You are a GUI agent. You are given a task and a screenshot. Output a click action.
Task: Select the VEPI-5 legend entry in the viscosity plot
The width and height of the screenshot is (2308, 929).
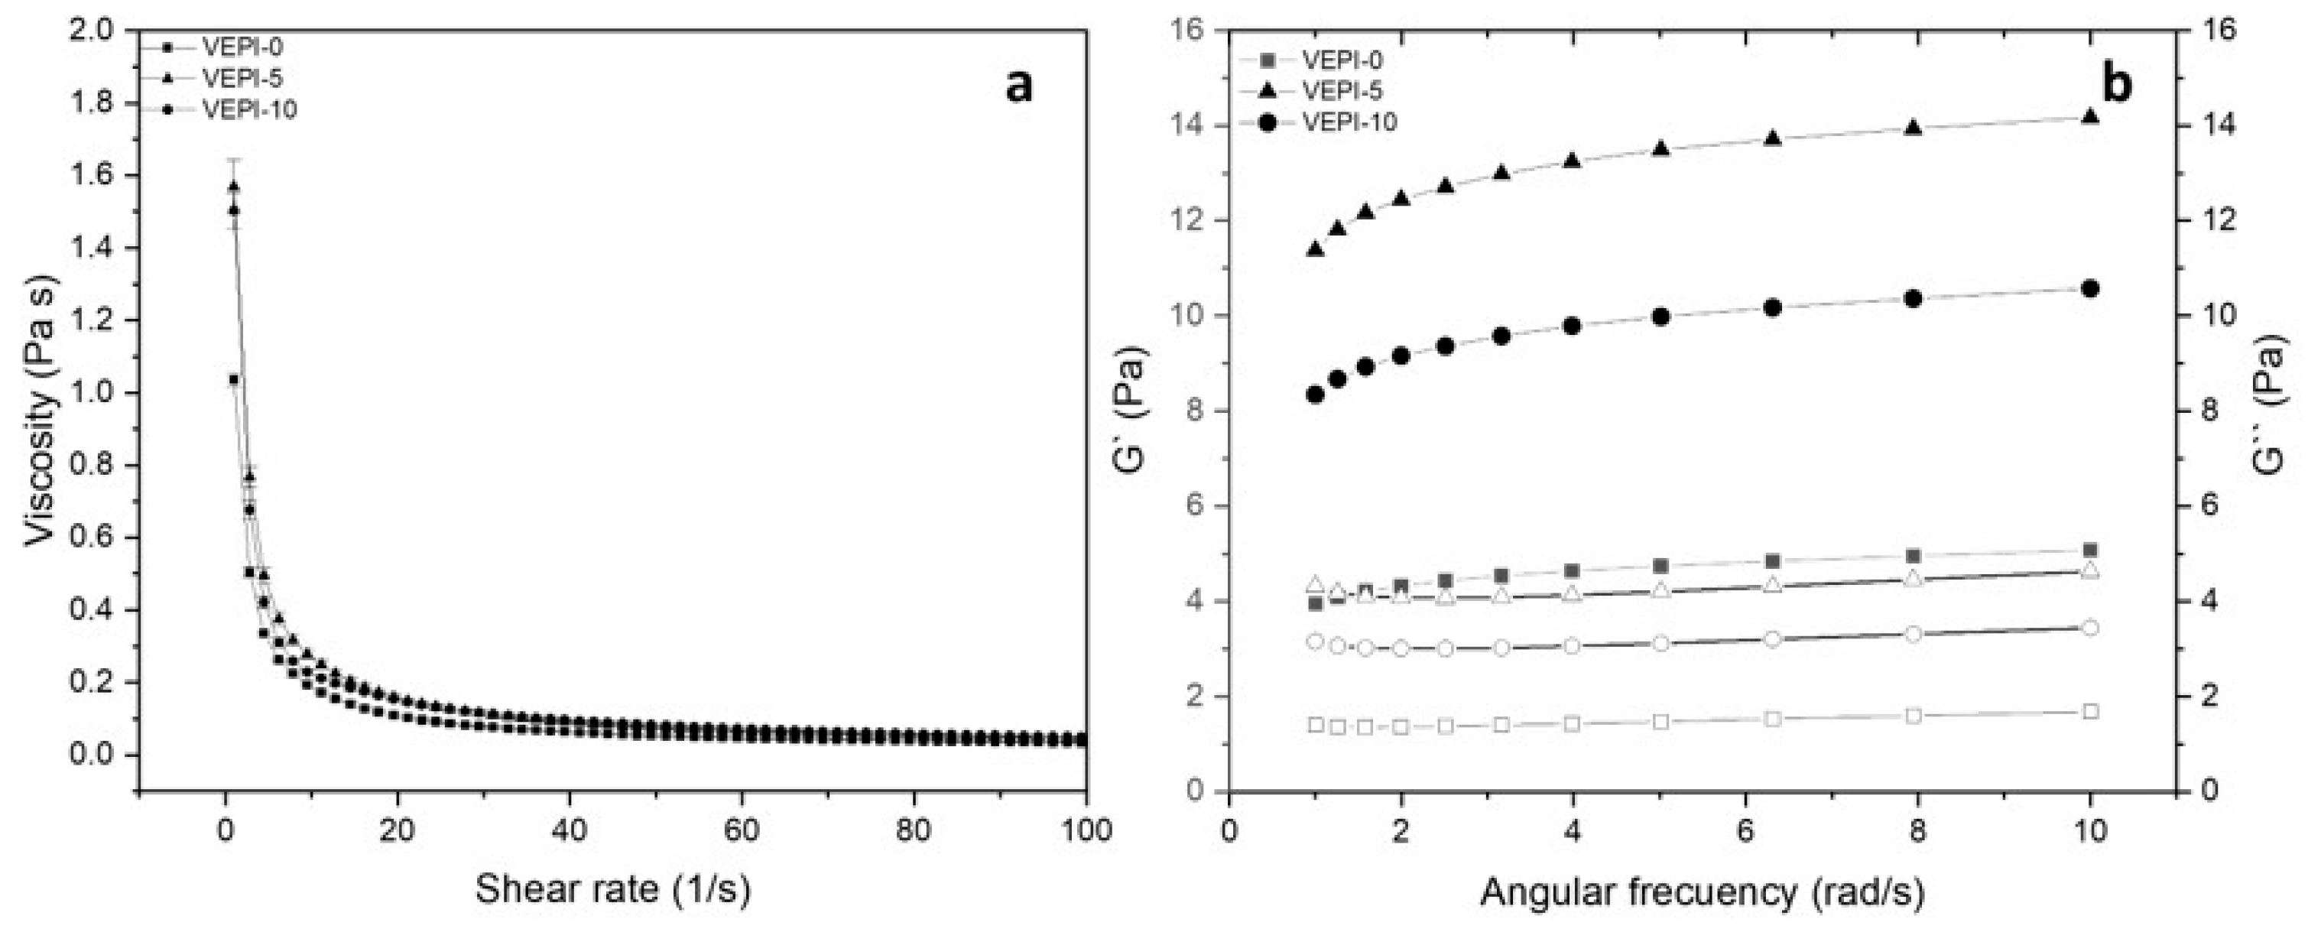coord(242,78)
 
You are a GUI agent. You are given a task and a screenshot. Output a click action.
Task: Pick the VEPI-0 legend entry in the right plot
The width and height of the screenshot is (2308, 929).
coord(1341,61)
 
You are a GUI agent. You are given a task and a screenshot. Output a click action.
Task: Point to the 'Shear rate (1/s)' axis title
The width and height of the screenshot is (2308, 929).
coord(613,889)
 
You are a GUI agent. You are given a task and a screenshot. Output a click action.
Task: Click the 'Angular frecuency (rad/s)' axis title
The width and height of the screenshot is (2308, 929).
coord(1703,892)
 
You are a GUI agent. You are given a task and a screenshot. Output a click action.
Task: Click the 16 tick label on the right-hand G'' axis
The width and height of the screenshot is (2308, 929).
coord(2216,31)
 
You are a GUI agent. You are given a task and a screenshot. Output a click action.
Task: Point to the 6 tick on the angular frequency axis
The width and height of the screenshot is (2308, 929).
coord(1745,830)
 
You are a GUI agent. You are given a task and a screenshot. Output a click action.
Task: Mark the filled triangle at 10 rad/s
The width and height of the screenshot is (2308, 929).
coord(2090,116)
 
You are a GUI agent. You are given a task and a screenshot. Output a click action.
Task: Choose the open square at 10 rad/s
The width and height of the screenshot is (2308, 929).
coord(2090,711)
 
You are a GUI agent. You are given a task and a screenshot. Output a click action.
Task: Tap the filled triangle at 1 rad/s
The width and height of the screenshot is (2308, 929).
coord(1315,249)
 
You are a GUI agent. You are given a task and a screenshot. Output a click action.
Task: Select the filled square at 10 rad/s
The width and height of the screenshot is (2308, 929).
coord(2090,550)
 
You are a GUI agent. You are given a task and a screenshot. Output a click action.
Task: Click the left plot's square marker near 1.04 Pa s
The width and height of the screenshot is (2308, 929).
coord(234,380)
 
